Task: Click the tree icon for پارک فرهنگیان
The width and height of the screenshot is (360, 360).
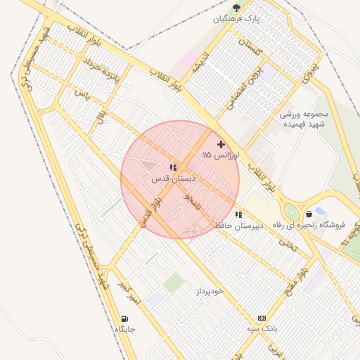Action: pyautogui.click(x=236, y=8)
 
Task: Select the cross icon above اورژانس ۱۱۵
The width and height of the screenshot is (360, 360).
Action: pyautogui.click(x=221, y=143)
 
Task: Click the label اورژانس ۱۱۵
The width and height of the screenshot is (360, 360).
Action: pyautogui.click(x=221, y=154)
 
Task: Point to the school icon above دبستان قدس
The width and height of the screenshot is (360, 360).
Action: pyautogui.click(x=172, y=167)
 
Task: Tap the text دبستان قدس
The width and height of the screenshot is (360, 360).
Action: pyautogui.click(x=172, y=179)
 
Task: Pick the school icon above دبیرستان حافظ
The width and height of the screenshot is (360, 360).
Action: pyautogui.click(x=238, y=214)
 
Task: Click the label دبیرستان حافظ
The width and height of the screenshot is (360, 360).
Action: pyautogui.click(x=238, y=226)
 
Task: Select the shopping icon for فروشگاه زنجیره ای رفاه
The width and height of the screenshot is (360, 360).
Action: pyautogui.click(x=309, y=214)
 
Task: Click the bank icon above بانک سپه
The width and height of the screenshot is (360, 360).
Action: pyautogui.click(x=262, y=318)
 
